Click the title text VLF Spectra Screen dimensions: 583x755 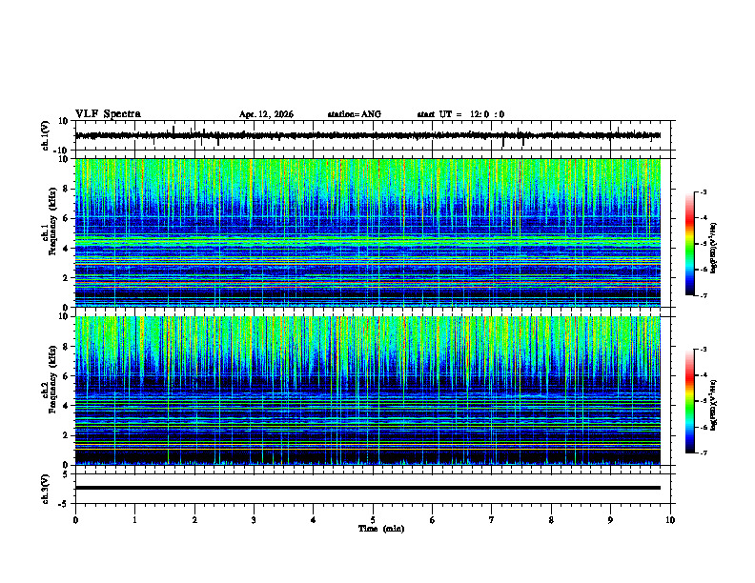click(x=108, y=113)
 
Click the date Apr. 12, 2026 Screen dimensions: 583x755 click(x=266, y=114)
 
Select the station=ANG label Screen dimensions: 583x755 click(x=354, y=114)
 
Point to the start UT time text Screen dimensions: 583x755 click(x=460, y=114)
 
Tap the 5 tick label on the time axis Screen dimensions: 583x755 click(x=373, y=519)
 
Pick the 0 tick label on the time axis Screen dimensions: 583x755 click(x=75, y=519)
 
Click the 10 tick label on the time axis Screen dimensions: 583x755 click(x=670, y=519)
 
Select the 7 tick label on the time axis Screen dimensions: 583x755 click(x=492, y=519)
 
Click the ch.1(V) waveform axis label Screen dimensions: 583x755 click(x=45, y=135)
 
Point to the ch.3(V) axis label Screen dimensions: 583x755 click(x=45, y=488)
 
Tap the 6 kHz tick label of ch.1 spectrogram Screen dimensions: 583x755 click(x=64, y=218)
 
